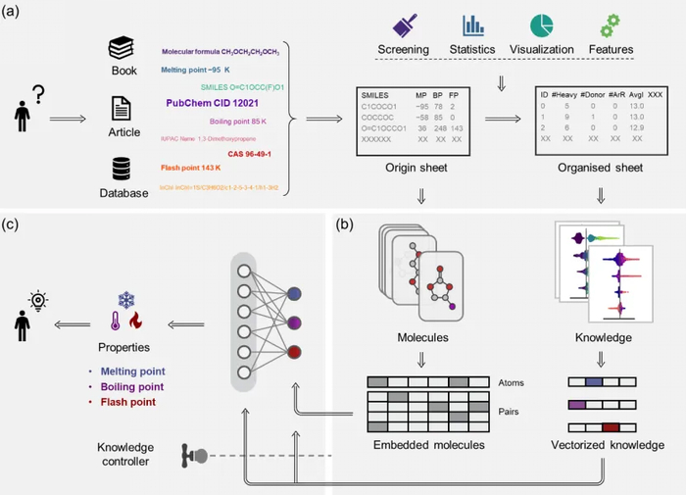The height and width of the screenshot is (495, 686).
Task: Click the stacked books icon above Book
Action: point(121,47)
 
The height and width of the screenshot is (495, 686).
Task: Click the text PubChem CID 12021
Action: point(208,102)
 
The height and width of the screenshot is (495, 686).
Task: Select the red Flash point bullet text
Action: point(128,402)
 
